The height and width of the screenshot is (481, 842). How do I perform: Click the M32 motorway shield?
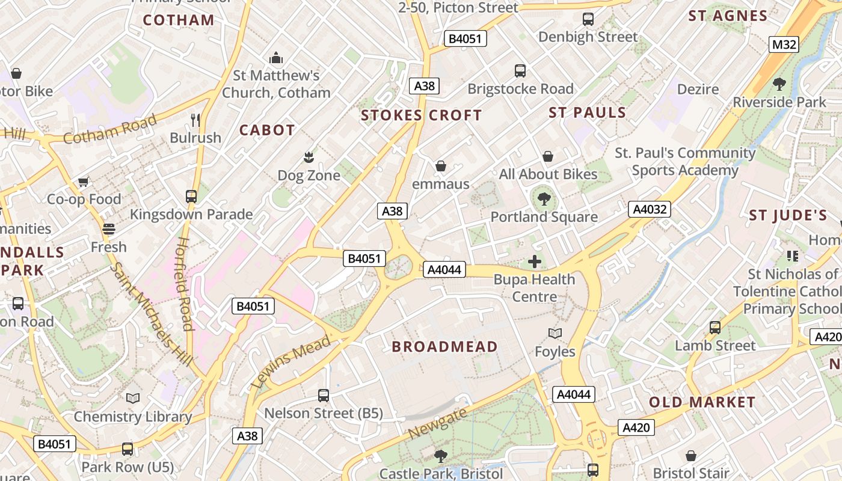click(x=784, y=44)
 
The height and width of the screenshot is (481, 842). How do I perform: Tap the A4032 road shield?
click(x=650, y=209)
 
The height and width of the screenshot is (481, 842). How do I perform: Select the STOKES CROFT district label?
click(x=422, y=115)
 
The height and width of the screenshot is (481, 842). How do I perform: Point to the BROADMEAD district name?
click(x=444, y=347)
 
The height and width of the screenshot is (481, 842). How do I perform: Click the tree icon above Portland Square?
click(x=544, y=198)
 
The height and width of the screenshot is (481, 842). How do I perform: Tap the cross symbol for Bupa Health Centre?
click(x=534, y=262)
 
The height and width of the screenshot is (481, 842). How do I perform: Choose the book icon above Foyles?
click(x=555, y=333)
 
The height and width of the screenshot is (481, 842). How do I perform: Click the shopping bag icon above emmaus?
click(x=441, y=166)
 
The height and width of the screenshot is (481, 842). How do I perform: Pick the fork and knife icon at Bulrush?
click(x=195, y=120)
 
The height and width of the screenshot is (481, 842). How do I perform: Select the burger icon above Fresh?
click(x=108, y=229)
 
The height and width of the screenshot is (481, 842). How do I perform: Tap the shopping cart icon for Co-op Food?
click(x=84, y=182)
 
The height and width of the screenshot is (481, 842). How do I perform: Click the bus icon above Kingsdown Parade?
click(x=191, y=197)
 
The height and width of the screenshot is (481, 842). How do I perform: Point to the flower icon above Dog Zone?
click(x=309, y=158)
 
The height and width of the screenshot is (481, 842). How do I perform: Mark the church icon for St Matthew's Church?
click(x=276, y=58)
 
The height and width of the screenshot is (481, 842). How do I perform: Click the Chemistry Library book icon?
click(x=133, y=399)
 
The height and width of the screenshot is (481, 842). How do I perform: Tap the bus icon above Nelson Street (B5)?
click(x=324, y=396)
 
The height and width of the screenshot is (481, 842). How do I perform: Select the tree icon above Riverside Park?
click(x=779, y=84)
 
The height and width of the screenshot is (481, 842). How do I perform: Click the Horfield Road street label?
click(x=184, y=284)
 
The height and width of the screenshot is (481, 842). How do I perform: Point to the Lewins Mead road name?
click(x=290, y=361)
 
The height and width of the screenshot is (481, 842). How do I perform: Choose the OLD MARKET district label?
click(x=702, y=402)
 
